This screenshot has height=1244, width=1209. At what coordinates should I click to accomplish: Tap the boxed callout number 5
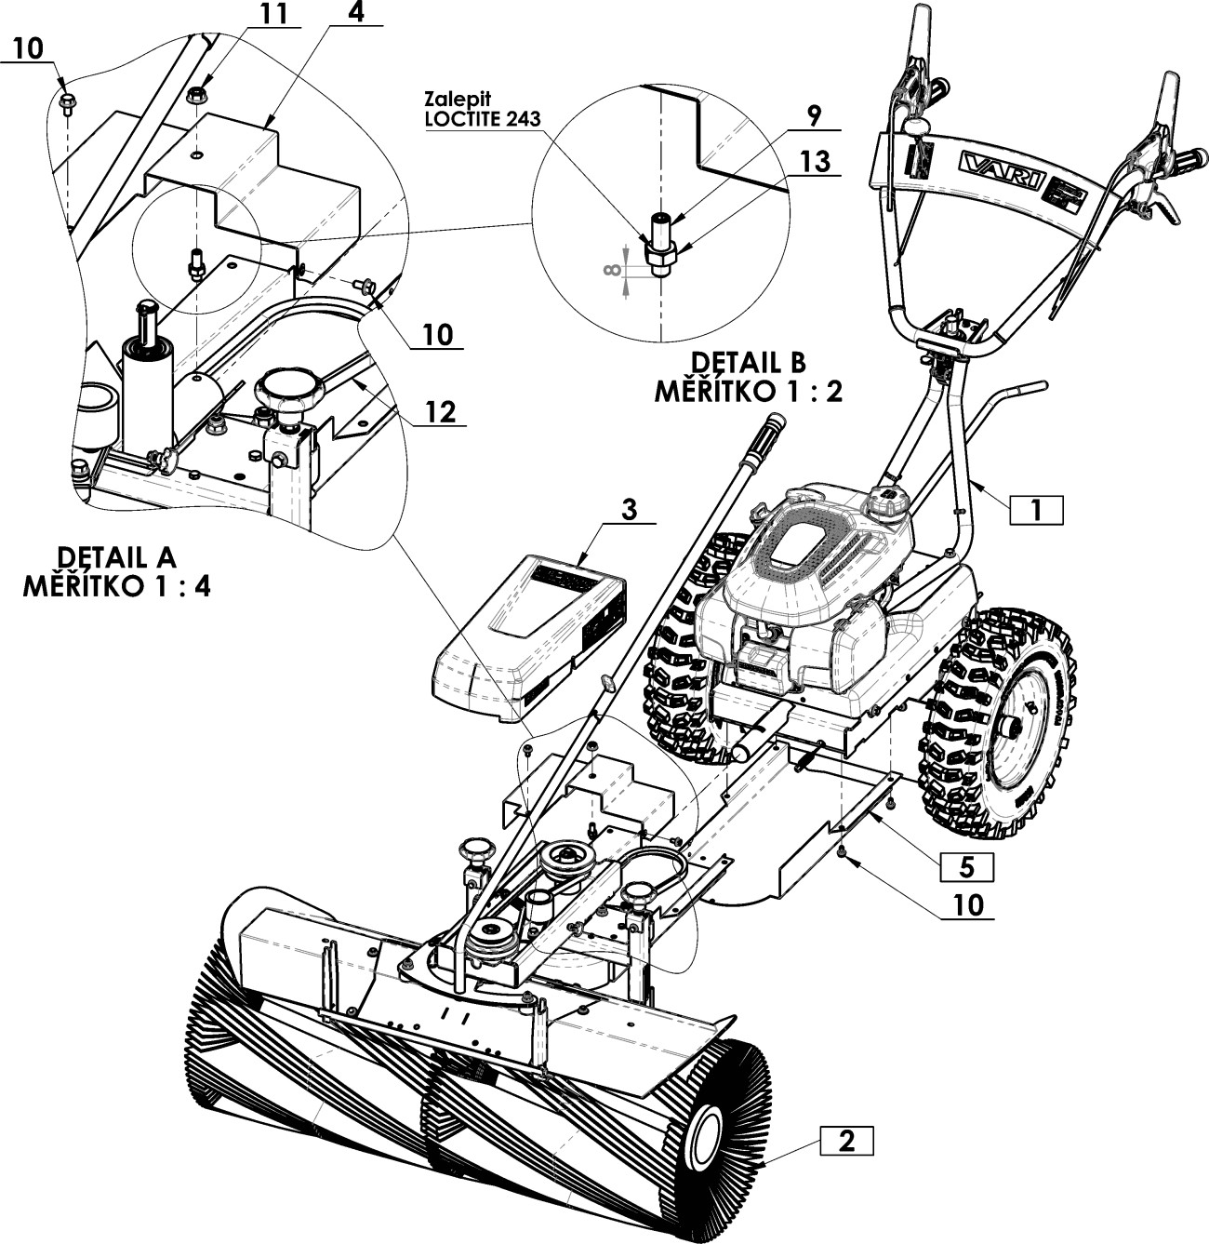click(966, 866)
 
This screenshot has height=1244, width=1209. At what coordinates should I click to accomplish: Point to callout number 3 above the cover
click(629, 509)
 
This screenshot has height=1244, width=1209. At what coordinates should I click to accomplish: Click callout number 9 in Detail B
click(814, 116)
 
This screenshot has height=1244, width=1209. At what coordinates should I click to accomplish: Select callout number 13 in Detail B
click(814, 162)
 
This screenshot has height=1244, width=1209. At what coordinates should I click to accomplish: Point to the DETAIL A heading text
click(116, 557)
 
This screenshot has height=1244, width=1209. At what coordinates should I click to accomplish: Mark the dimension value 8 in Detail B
click(611, 270)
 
